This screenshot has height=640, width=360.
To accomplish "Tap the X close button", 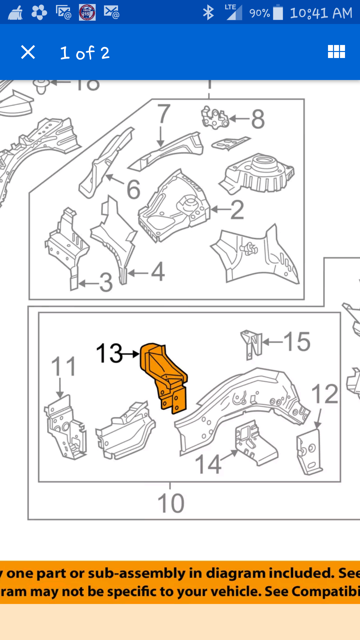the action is [28, 52].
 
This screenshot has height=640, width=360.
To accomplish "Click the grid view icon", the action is [336, 52].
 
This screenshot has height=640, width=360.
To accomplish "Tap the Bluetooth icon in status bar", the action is [208, 13].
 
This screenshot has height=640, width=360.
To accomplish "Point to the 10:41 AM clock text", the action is [321, 13].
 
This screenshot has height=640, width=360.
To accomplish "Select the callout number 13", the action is [109, 353].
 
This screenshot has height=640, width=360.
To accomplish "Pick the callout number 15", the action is [297, 342].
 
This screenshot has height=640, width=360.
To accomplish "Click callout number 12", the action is [324, 394].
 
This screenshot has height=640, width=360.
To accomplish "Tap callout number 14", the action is [208, 464].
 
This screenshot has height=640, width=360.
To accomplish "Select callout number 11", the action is [63, 366].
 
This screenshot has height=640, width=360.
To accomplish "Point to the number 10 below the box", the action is [171, 503].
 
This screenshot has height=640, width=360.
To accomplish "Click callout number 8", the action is [258, 119].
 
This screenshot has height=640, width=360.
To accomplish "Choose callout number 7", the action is [164, 114].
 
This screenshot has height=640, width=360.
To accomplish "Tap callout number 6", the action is [133, 189].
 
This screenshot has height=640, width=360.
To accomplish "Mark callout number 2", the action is [237, 210].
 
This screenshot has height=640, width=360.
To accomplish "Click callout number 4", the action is [158, 272].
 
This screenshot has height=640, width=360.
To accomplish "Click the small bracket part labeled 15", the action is [251, 344].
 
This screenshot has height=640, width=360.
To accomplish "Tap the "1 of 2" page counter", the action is [85, 53].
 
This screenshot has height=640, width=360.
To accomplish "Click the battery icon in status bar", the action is [278, 13].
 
